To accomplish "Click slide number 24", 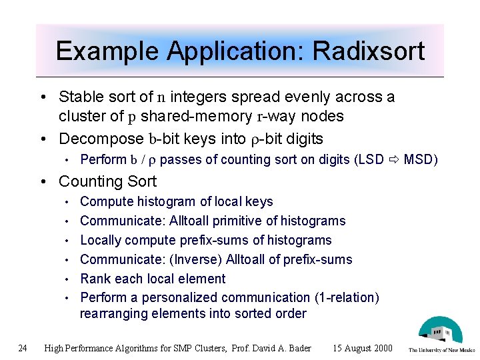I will click(23, 347).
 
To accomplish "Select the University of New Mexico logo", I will click(441, 335).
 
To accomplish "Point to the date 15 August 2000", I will click(363, 348).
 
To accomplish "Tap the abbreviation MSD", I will click(419, 159).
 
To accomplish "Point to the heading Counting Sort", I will click(107, 181).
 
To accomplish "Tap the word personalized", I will click(178, 297).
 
